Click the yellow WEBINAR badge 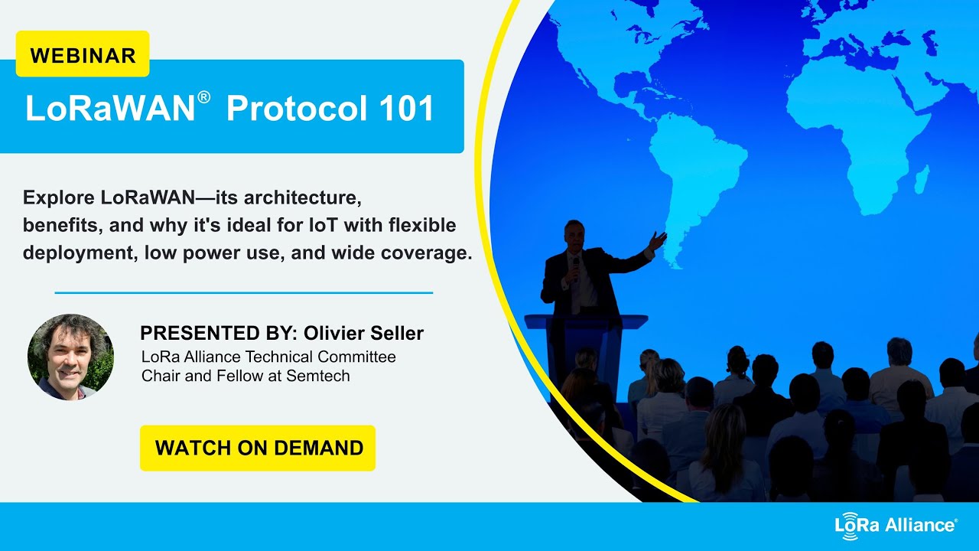tap(83, 54)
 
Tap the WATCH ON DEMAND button tap(258, 448)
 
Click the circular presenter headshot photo tap(70, 357)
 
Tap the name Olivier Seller tap(363, 334)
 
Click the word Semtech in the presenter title tap(317, 376)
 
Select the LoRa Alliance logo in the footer tap(896, 526)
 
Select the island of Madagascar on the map tap(922, 180)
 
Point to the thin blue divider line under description tap(244, 292)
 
